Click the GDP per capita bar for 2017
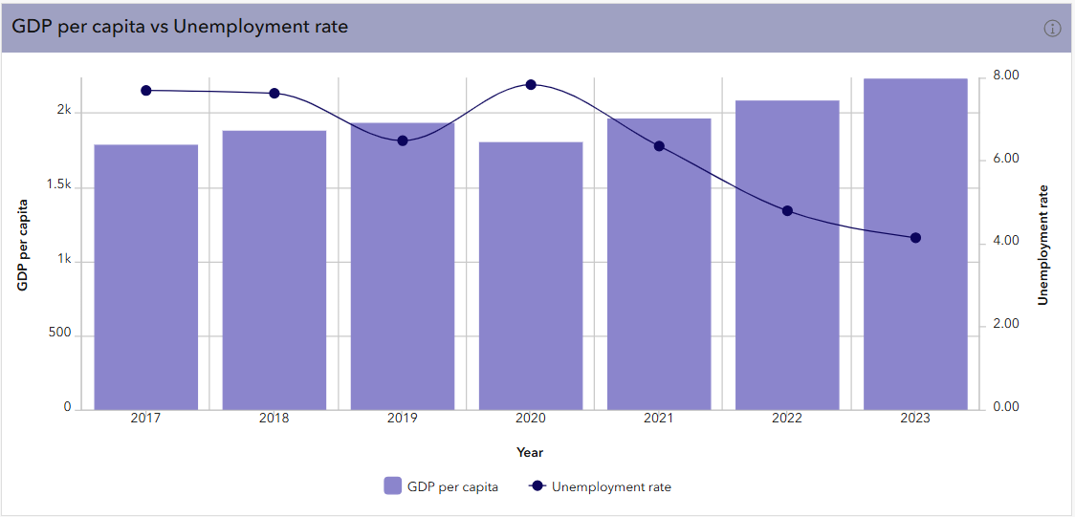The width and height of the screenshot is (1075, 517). [x=146, y=277]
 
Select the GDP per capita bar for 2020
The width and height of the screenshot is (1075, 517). [x=531, y=276]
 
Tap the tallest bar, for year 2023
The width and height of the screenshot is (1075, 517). [x=915, y=244]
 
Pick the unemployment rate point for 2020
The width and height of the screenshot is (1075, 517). [x=531, y=85]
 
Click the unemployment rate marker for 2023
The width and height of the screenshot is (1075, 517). [x=915, y=238]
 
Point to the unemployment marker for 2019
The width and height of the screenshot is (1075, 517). [x=403, y=140]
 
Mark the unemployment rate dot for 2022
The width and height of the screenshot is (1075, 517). [x=787, y=210]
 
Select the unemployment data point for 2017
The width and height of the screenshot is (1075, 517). [x=146, y=91]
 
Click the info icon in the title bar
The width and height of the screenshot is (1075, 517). [x=1052, y=28]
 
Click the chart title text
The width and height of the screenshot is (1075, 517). [x=180, y=27]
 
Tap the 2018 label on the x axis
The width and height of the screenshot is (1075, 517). [x=274, y=419]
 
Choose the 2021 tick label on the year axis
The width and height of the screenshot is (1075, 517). [x=659, y=419]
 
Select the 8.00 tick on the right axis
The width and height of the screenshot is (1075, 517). [x=1005, y=75]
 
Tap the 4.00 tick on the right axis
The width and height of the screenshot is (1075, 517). [x=1005, y=242]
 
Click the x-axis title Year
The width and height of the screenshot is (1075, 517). [x=530, y=452]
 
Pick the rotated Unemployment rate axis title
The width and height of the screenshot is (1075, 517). [x=1043, y=245]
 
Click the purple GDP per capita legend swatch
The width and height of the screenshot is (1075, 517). [x=392, y=486]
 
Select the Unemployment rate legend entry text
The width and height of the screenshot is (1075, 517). [x=611, y=486]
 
